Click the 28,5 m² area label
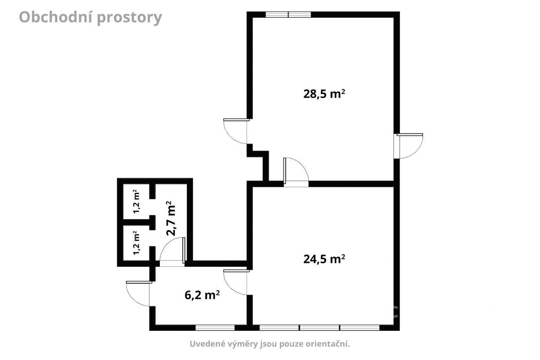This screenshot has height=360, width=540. [324, 94]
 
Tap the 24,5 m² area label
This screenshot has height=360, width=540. [324, 259]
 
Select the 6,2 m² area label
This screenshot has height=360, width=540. [202, 295]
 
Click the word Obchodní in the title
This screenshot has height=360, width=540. [55, 17]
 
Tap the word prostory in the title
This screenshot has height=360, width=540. [130, 18]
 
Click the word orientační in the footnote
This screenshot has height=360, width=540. [328, 344]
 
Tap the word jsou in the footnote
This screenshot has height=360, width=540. [269, 344]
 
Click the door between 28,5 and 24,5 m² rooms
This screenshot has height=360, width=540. [296, 172]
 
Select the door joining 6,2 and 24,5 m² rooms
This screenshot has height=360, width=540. [236, 282]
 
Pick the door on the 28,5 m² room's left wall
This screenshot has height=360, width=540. [236, 131]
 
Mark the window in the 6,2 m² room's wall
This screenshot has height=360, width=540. [215, 328]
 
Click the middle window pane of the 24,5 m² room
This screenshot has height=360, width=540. [319, 328]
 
